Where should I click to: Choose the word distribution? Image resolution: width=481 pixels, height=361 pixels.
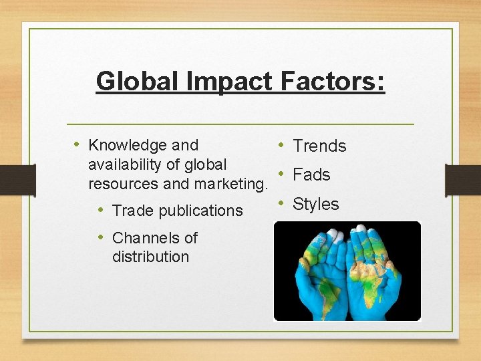coord(150,257)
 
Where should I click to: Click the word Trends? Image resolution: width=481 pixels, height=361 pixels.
coord(320,146)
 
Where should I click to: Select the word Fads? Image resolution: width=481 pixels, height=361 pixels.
coord(312,175)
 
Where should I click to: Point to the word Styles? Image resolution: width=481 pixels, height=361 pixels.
coord(316,205)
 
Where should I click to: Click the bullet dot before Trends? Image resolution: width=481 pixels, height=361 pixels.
coord(283,145)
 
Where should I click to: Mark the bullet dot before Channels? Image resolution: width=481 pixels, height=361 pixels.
coord(102,237)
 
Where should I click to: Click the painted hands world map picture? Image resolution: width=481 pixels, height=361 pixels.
coord(347,271)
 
